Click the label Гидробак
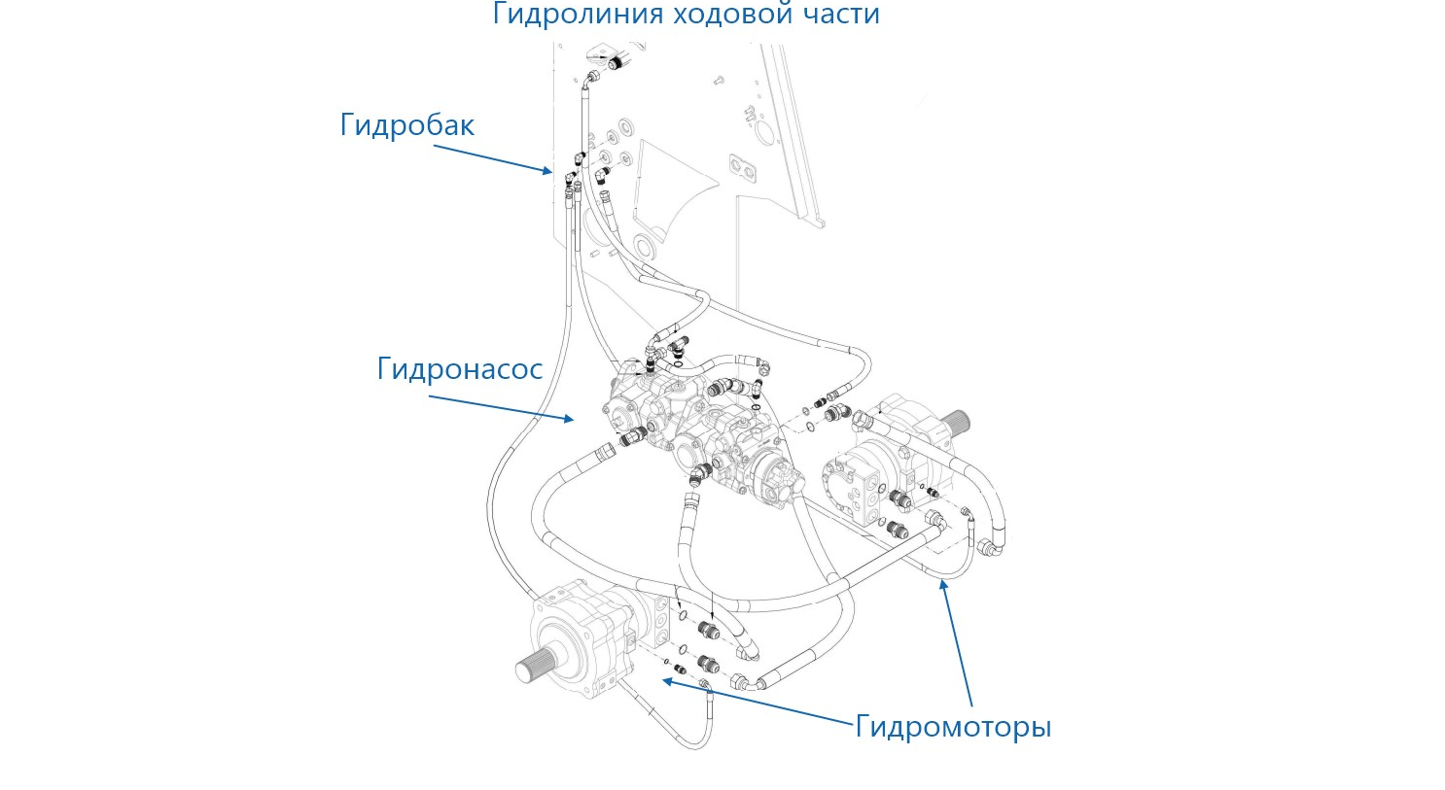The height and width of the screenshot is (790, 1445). (x=407, y=125)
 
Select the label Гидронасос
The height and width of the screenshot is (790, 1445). (x=459, y=369)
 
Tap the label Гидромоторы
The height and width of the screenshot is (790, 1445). (x=953, y=726)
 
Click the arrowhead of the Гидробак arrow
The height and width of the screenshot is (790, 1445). (x=547, y=171)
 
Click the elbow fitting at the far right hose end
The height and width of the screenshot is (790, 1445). (x=991, y=548)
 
